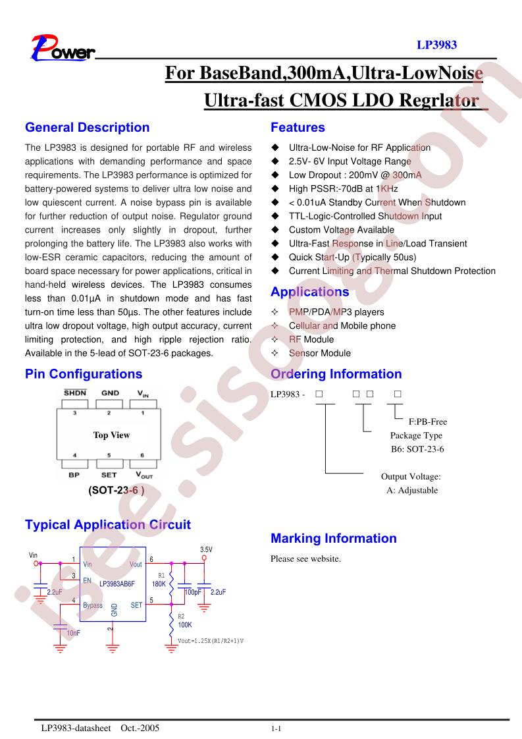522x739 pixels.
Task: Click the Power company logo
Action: [63, 48]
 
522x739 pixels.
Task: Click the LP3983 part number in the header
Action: [436, 45]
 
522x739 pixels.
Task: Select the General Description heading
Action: [87, 127]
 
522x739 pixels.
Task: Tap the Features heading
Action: [298, 127]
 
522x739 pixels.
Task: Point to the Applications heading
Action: [309, 292]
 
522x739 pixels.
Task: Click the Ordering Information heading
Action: [336, 373]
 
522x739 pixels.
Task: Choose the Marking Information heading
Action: [334, 538]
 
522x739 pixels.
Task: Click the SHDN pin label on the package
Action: [75, 393]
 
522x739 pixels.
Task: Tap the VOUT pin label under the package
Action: [144, 475]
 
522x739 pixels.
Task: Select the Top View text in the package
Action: [111, 435]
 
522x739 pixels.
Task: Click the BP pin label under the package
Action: [74, 475]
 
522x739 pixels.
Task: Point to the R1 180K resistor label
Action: [159, 580]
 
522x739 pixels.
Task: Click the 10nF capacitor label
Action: [73, 633]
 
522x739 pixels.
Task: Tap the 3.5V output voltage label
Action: [206, 549]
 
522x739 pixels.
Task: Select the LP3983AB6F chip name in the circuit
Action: [117, 584]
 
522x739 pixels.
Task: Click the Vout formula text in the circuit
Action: [211, 641]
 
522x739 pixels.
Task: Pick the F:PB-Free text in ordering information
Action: [427, 422]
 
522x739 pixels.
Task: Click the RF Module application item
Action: [311, 339]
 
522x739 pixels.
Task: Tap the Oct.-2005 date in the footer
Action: [140, 728]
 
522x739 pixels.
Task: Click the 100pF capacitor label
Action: [193, 592]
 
